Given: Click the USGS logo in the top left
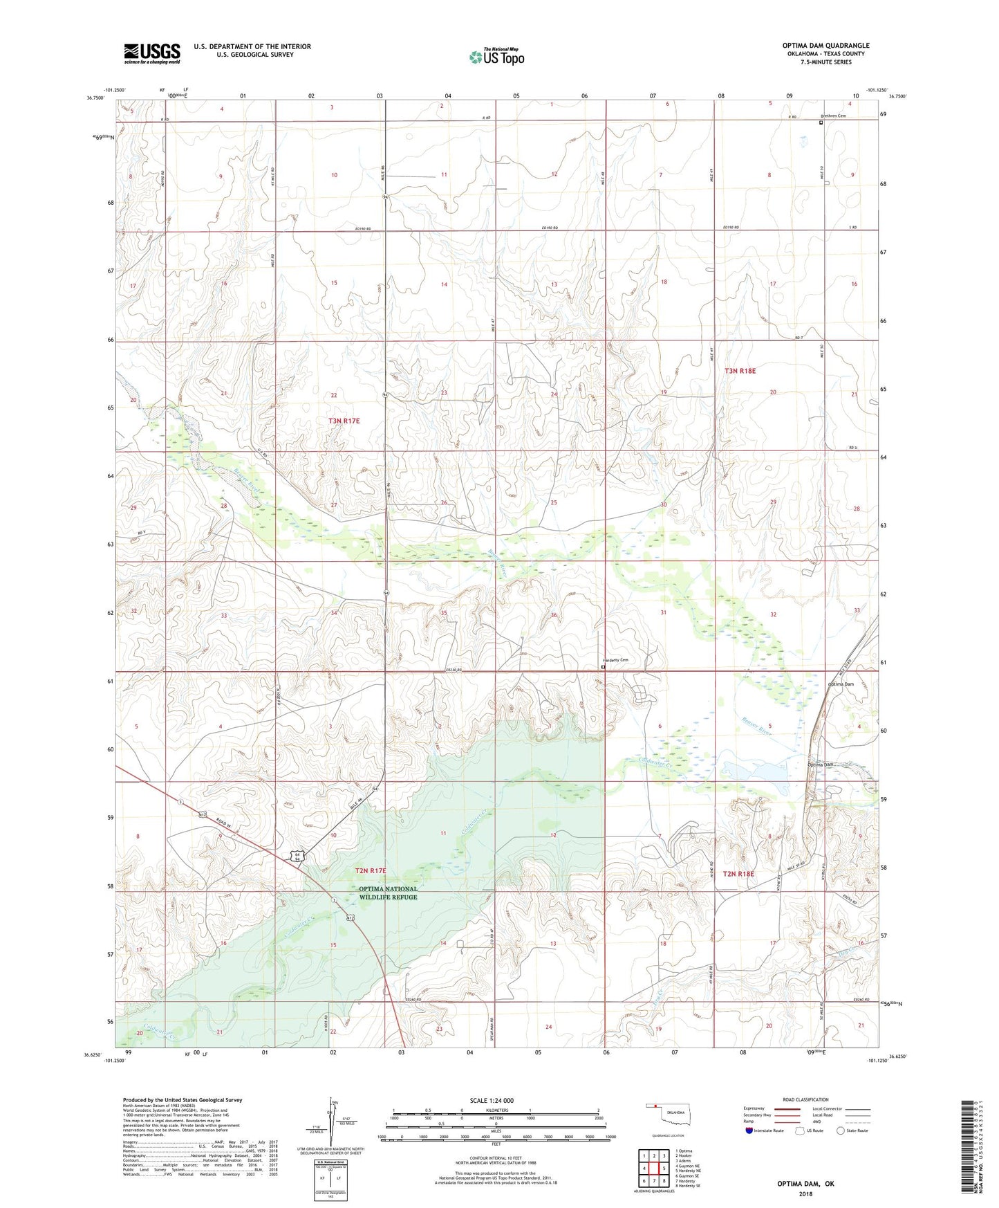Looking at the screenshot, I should point(152,53).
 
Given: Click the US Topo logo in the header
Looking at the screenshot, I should point(496,57).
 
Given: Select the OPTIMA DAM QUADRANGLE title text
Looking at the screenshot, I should point(825,46).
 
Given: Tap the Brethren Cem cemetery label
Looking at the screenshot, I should point(833,116).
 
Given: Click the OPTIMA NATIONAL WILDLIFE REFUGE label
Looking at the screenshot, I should point(388,893).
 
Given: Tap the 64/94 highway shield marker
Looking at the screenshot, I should point(297,857).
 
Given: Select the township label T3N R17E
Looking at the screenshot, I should point(344,421).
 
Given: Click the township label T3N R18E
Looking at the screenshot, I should point(740,371).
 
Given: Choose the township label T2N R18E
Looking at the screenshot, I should point(738,874).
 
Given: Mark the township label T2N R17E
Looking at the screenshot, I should point(371,870).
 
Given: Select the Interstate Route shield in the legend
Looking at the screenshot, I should point(750,1131).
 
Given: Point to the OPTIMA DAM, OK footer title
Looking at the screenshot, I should point(805,1183).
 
